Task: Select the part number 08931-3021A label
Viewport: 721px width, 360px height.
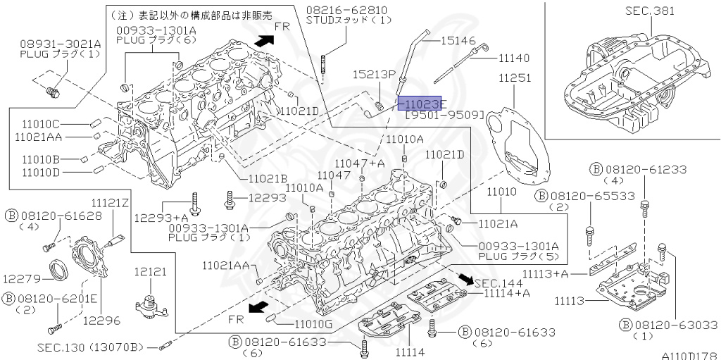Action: tap(60, 44)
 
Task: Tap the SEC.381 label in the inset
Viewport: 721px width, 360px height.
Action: tap(649, 11)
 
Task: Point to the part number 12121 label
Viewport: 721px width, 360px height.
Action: tap(150, 271)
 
